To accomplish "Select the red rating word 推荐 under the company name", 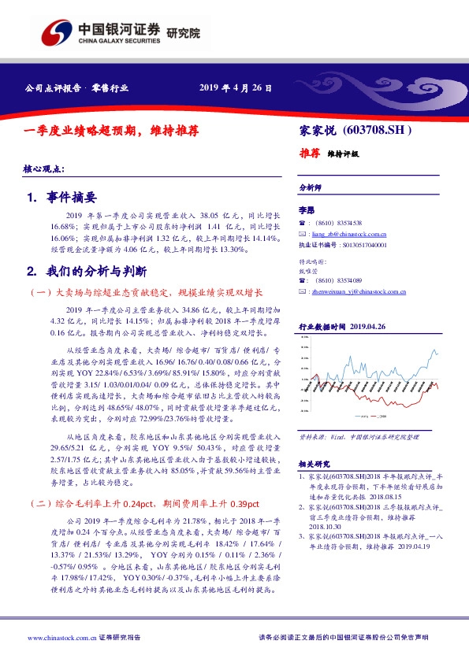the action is [309, 154].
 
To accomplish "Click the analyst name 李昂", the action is [307, 210].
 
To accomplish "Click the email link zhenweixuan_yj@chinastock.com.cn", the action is [358, 291].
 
